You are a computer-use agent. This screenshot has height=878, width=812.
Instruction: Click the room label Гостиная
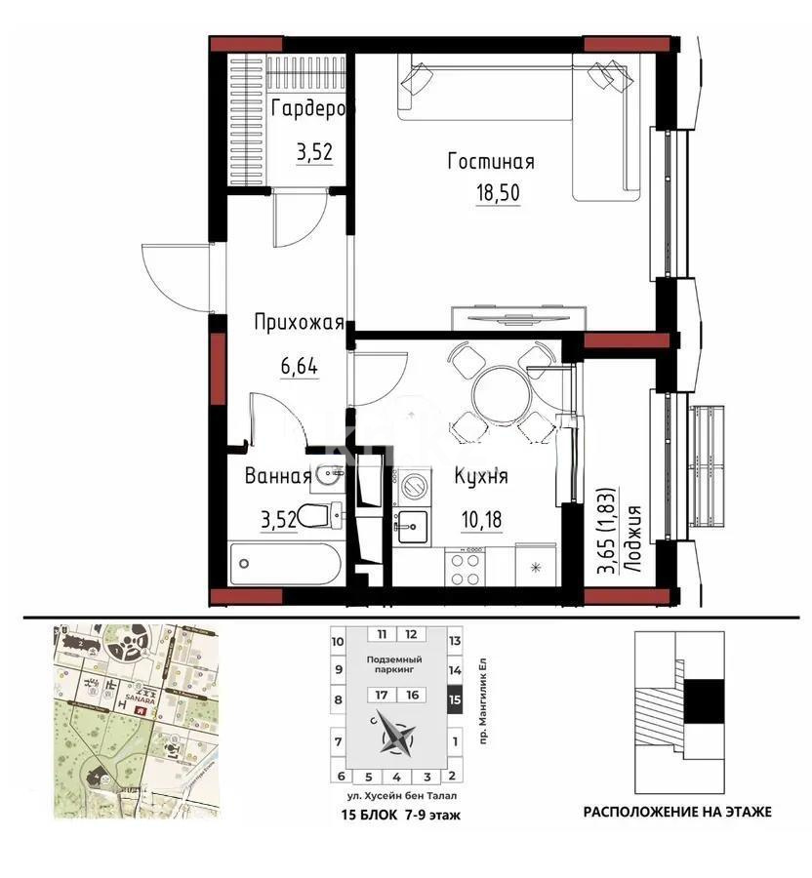coord(491,161)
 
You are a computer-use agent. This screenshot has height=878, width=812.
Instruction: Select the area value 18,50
coord(497,192)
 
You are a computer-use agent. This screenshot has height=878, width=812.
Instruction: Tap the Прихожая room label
coord(299,323)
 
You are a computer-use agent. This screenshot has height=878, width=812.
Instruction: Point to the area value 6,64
coord(301,368)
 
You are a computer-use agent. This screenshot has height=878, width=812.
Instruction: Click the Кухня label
coord(481,477)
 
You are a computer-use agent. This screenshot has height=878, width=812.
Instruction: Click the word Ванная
coord(278,477)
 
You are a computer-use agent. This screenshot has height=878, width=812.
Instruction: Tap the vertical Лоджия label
coord(633,542)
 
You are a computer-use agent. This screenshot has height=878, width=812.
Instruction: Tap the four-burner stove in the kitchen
coord(465,567)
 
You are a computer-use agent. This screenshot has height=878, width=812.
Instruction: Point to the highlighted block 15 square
coord(453,699)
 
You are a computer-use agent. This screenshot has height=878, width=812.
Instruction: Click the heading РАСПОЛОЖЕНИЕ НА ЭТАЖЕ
coord(677,811)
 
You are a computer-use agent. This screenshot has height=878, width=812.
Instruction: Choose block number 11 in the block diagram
coord(383,633)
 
